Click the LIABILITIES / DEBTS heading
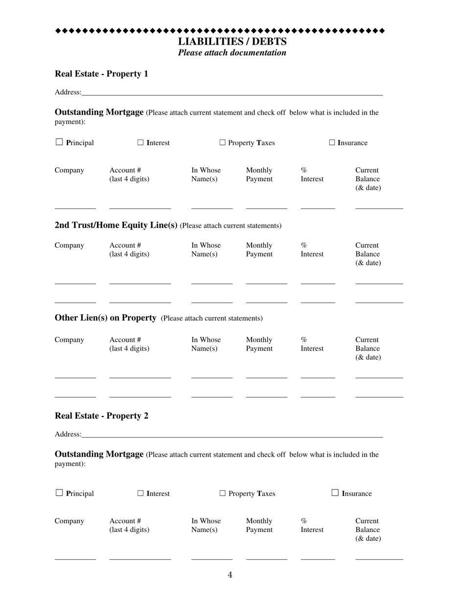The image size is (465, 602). (x=232, y=42)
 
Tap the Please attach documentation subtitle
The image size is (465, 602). (x=232, y=53)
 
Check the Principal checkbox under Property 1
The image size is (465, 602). (x=59, y=142)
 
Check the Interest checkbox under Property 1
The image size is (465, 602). (x=140, y=142)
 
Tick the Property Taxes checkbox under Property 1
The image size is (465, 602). (x=222, y=142)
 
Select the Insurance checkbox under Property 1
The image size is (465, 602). (x=332, y=142)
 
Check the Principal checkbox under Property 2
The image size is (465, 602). (x=59, y=493)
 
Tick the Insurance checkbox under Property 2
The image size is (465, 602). (x=335, y=493)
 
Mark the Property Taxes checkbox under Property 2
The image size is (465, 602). (x=222, y=493)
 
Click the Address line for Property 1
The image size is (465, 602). (x=232, y=92)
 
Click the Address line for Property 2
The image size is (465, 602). (x=232, y=434)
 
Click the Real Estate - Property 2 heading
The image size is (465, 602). (x=101, y=416)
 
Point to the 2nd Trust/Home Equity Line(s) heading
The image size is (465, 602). (x=116, y=225)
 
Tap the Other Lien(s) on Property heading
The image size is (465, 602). (x=105, y=318)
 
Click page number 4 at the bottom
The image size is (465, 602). (x=230, y=575)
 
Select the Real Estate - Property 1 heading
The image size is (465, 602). (x=101, y=74)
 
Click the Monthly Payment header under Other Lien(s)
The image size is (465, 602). (x=259, y=344)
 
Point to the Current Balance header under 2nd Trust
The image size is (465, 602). (x=368, y=254)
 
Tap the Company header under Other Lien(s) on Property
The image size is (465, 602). (x=69, y=340)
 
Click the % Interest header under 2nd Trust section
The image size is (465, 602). (x=312, y=250)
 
